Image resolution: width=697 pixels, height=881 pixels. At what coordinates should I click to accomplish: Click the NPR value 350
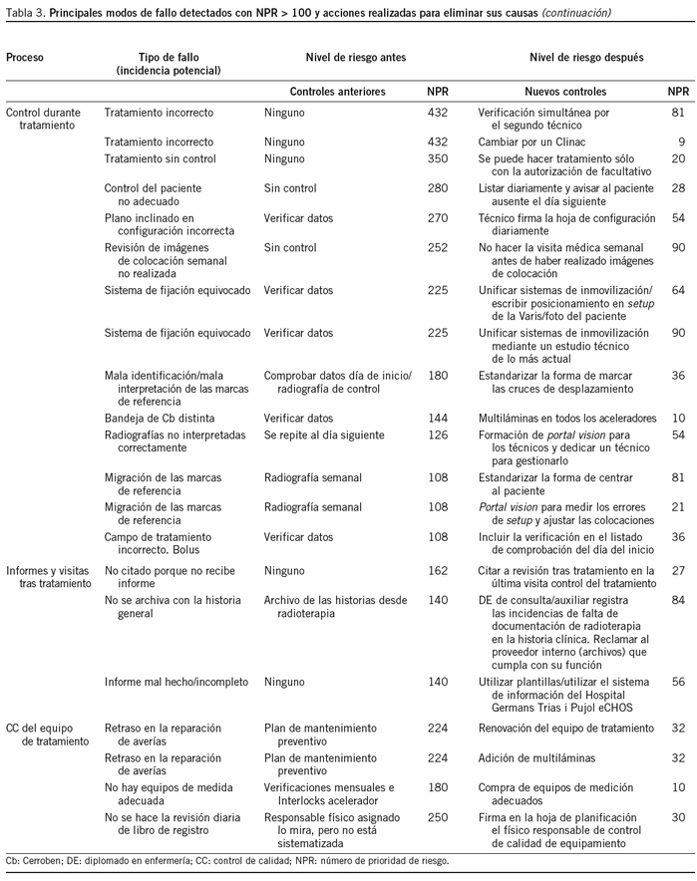[x=437, y=158]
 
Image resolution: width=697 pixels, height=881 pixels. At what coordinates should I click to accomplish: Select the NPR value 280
[x=437, y=187]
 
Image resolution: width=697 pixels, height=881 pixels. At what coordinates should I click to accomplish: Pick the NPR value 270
[x=437, y=217]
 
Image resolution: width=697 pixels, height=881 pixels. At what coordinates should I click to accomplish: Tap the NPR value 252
[x=437, y=247]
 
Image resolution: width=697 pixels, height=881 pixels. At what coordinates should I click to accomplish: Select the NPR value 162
[x=437, y=571]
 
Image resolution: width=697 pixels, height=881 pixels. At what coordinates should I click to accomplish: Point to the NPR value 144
[x=437, y=420]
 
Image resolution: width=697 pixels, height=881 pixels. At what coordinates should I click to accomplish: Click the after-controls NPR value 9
[x=681, y=143]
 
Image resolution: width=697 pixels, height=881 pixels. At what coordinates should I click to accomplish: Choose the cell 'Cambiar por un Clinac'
[x=537, y=143]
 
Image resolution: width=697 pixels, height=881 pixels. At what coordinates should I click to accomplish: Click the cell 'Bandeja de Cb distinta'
[x=160, y=420]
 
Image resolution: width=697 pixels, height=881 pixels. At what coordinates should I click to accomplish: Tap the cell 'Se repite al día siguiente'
[x=329, y=436]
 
